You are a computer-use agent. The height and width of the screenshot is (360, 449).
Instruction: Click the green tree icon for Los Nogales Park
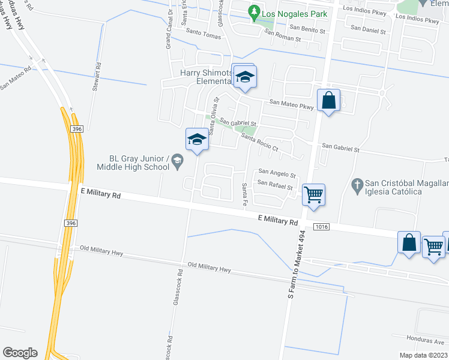tap(255, 11)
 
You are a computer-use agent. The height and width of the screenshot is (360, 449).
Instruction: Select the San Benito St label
tap(307, 28)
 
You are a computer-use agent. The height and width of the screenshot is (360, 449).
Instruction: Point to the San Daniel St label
tap(367, 28)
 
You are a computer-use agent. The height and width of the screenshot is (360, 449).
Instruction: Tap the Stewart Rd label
tap(96, 77)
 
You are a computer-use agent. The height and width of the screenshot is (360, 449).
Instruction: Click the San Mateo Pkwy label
tap(292, 104)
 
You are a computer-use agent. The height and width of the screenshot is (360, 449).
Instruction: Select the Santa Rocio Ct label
tap(261, 142)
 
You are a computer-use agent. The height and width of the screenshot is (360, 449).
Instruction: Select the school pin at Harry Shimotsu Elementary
tap(244, 77)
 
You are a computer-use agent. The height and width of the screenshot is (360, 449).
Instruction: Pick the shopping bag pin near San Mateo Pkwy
tap(329, 101)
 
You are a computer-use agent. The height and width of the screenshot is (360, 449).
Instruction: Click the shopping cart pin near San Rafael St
tap(313, 194)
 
